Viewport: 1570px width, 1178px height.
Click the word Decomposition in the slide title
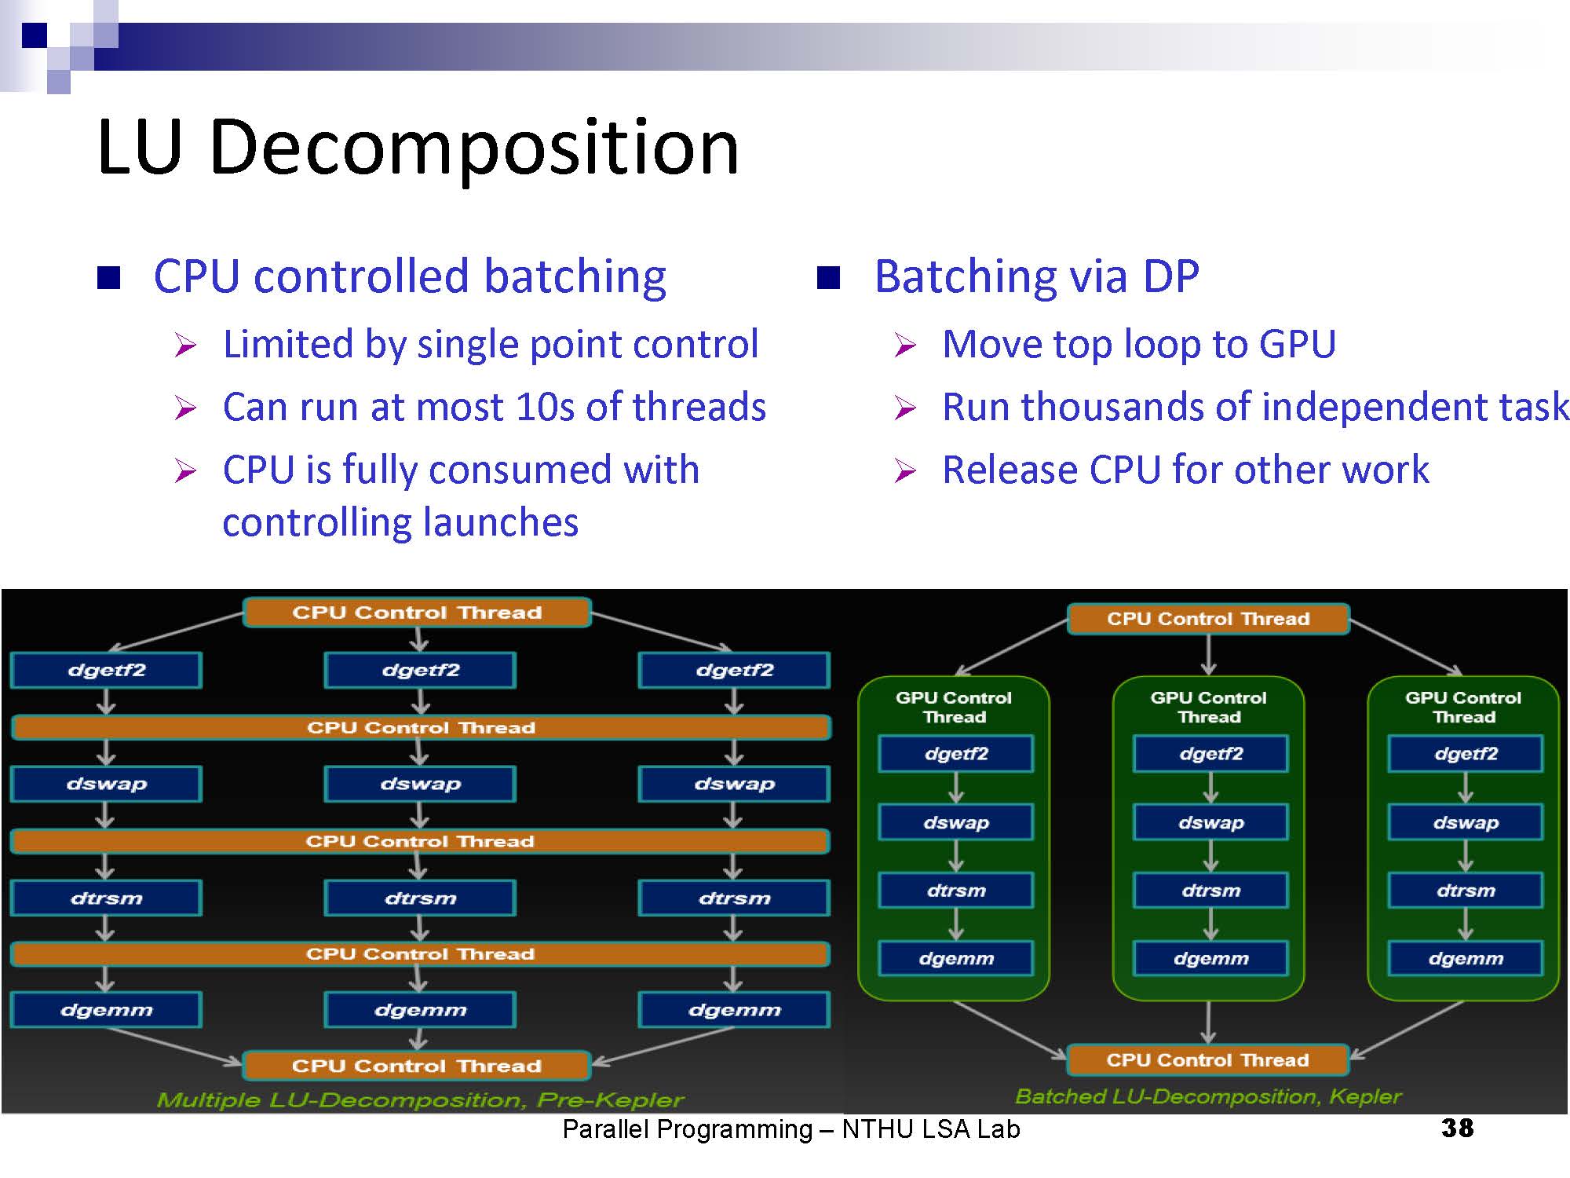click(x=474, y=148)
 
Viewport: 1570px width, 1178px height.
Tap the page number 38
click(x=1457, y=1129)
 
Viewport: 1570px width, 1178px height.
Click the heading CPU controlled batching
click(x=410, y=276)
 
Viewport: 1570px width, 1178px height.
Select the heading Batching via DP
click(x=1036, y=276)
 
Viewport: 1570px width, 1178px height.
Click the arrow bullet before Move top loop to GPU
click(x=905, y=345)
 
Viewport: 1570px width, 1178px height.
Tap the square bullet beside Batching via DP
click(x=828, y=278)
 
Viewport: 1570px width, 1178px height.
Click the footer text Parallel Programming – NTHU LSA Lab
click(x=790, y=1129)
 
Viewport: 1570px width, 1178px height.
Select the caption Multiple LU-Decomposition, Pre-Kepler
click(x=420, y=1099)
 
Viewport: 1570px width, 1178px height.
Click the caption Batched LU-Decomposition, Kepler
click(x=1208, y=1096)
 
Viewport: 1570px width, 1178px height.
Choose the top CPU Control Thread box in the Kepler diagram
click(x=1208, y=619)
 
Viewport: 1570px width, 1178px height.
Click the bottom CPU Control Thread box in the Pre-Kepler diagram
click(x=417, y=1066)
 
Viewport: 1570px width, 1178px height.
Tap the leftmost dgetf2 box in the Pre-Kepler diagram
click(x=107, y=671)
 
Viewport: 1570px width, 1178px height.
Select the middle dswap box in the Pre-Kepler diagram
click(x=420, y=784)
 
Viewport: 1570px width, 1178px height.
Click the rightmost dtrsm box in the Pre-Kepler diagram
click(x=734, y=898)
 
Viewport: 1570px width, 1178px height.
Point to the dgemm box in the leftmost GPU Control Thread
click(x=955, y=958)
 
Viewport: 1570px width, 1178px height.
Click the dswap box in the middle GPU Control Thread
click(x=1210, y=822)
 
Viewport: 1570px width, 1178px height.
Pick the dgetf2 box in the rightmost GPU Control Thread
click(x=1465, y=754)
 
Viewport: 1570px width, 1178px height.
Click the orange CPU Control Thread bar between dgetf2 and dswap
click(x=421, y=728)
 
